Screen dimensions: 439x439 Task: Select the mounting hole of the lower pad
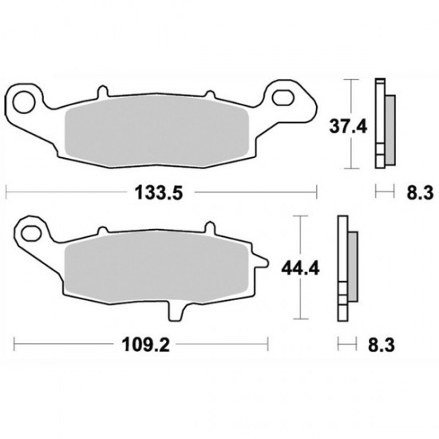point(32,234)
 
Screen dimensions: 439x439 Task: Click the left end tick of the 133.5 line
point(7,192)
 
